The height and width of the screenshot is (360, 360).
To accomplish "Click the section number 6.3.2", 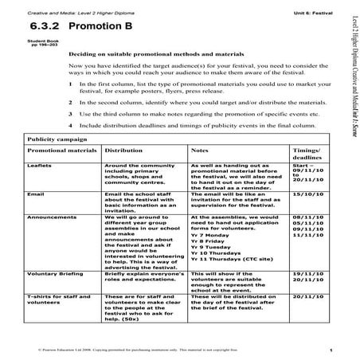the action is coord(46,26).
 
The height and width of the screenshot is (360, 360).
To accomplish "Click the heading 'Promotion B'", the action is coord(106,26).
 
